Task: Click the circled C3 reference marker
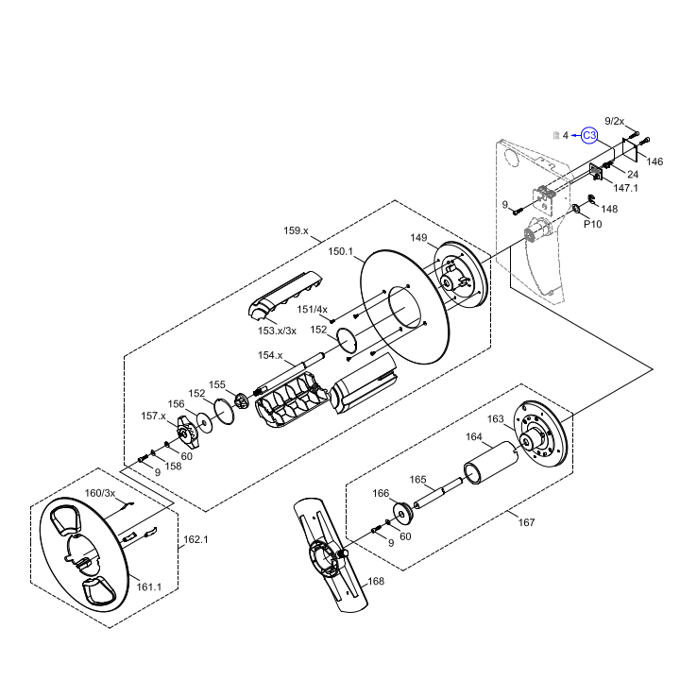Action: [x=588, y=135]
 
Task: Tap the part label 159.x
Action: [x=297, y=230]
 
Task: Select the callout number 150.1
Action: [x=340, y=252]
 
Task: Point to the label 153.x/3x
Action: [x=278, y=331]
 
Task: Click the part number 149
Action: [x=419, y=238]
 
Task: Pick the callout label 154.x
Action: [x=270, y=355]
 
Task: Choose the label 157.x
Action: [x=154, y=416]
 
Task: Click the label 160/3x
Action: [x=100, y=493]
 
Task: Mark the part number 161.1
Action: [x=149, y=586]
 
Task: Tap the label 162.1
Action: [x=195, y=539]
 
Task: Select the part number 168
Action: [x=376, y=582]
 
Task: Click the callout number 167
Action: [x=526, y=522]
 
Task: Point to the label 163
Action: [x=496, y=418]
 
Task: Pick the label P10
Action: [x=592, y=224]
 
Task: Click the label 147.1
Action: [x=626, y=188]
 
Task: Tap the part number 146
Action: [x=654, y=161]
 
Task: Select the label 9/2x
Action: [x=614, y=121]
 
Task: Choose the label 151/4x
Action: [x=313, y=309]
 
